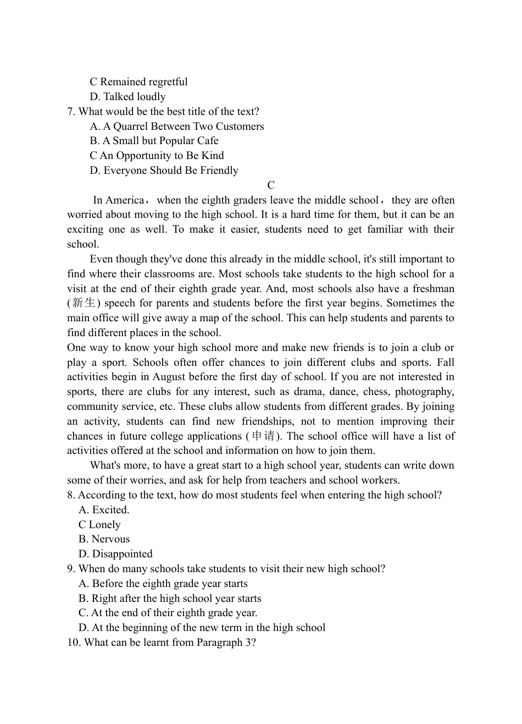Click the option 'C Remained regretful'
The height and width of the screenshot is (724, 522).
(x=138, y=82)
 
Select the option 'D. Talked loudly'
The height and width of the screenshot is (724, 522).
(x=127, y=97)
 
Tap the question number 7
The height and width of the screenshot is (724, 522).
(x=71, y=112)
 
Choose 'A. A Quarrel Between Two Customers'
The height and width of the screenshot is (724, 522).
(x=176, y=127)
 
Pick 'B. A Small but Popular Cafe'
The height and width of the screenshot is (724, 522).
(x=154, y=141)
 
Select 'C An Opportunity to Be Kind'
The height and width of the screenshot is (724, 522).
(x=157, y=156)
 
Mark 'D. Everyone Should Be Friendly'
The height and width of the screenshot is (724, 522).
(x=164, y=171)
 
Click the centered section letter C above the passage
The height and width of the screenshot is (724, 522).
(x=271, y=185)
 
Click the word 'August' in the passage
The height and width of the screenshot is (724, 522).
(x=169, y=377)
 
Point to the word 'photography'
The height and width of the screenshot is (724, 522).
(x=424, y=392)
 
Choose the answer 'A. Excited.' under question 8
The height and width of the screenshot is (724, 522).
(x=104, y=510)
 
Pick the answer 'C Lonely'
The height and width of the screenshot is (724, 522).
(x=99, y=525)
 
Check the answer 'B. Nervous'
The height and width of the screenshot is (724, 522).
(x=104, y=539)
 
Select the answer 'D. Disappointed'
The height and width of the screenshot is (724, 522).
(x=115, y=554)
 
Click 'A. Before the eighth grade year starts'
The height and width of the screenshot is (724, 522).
(x=163, y=584)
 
